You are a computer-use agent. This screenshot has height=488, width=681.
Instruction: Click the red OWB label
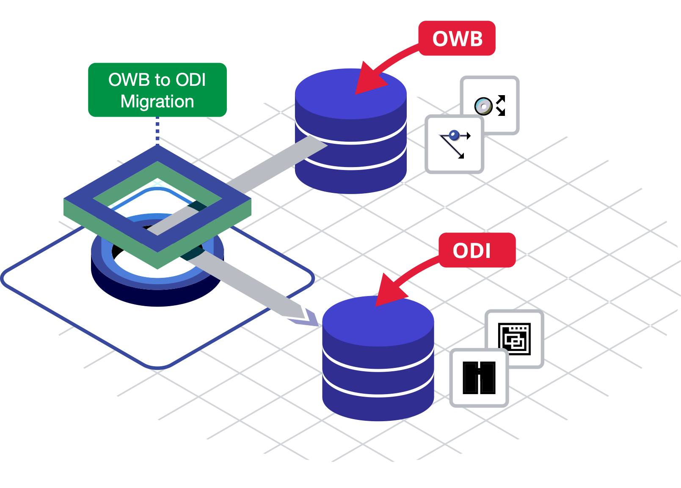point(457,38)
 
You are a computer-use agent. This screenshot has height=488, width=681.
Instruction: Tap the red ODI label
point(477,250)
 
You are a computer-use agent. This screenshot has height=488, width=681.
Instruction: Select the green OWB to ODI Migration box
point(157,90)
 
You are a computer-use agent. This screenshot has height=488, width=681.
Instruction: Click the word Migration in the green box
point(157,101)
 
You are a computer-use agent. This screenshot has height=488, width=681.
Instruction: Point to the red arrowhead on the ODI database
point(387,292)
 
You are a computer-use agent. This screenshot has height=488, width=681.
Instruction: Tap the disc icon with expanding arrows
point(490,105)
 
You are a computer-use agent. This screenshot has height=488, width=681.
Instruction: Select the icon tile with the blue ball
point(454,145)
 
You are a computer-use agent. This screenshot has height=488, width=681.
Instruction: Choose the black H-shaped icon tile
point(479,378)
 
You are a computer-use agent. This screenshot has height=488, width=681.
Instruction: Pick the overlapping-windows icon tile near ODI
point(515,339)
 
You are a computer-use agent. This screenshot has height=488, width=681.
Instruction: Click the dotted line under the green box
point(157,131)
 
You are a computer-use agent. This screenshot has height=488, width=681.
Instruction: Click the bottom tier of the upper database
point(350,180)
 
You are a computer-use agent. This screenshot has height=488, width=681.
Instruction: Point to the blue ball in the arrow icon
point(454,135)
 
